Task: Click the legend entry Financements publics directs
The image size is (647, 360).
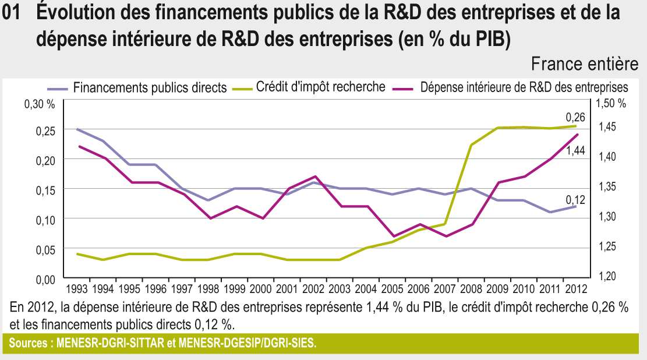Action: coord(149,88)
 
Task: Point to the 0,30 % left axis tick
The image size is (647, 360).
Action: coord(39,104)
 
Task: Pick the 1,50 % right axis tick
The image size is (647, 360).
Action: coord(611,104)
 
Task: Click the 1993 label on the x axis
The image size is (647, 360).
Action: coord(77,288)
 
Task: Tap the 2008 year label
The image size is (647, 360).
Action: coord(471,288)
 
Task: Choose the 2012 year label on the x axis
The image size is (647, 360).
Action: coord(575,288)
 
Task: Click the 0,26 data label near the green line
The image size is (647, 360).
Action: coord(575,117)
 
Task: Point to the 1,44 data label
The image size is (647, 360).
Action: coord(575,151)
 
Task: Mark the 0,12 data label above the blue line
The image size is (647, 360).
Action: coord(575,199)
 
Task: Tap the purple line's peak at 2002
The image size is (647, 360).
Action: coord(314,176)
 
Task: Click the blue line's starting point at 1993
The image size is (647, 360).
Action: coord(77,129)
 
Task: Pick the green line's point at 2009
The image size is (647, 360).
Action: coord(497,128)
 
